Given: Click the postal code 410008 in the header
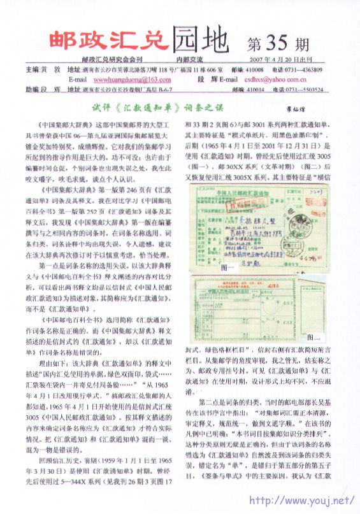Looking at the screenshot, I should [254, 69].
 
